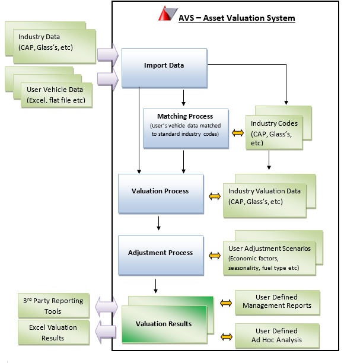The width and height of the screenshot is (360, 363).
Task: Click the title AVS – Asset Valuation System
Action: pyautogui.click(x=237, y=18)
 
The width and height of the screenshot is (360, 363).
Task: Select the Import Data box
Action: pyautogui.click(x=164, y=65)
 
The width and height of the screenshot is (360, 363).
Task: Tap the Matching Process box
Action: pyautogui.click(x=185, y=127)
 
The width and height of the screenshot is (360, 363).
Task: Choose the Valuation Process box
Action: pyautogui.click(x=160, y=192)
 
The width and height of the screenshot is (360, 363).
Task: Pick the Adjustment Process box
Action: pyautogui.click(x=160, y=253)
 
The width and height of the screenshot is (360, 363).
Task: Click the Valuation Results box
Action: pyautogui.click(x=164, y=324)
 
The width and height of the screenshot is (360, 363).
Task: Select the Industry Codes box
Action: pyautogui.click(x=273, y=133)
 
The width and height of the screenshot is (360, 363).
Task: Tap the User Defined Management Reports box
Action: pyautogui.click(x=278, y=302)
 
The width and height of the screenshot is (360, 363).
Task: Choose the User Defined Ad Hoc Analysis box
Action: pyautogui.click(x=278, y=335)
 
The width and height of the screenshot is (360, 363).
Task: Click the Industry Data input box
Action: pyautogui.click(x=50, y=43)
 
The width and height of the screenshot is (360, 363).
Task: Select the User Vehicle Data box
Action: pyautogui.click(x=56, y=95)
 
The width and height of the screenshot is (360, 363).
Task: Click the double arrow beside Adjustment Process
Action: pyautogui.click(x=214, y=256)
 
